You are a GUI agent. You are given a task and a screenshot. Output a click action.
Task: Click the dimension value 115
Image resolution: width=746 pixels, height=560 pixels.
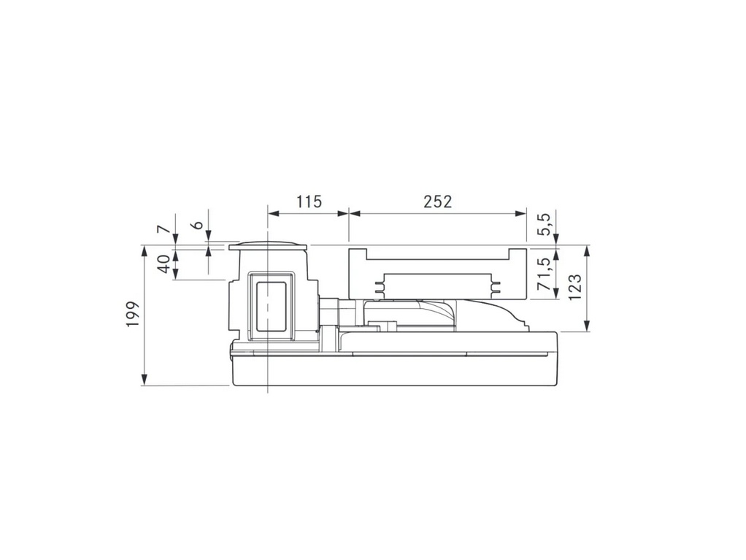(309, 202)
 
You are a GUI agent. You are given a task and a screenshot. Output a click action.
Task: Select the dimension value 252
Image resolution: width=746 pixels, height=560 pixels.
(437, 202)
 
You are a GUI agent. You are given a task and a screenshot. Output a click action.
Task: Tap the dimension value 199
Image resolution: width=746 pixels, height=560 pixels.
(133, 314)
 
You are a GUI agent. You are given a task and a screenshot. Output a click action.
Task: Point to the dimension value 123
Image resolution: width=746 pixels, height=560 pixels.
(574, 287)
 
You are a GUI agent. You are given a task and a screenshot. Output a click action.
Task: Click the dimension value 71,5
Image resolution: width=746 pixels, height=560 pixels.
(543, 274)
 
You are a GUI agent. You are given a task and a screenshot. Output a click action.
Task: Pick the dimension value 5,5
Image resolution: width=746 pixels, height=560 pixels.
(544, 223)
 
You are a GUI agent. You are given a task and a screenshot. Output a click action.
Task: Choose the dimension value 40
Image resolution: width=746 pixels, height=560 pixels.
(164, 264)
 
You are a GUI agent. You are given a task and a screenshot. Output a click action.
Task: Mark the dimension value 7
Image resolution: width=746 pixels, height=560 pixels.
(164, 229)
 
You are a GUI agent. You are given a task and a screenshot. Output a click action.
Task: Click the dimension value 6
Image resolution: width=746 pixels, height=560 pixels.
(198, 224)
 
